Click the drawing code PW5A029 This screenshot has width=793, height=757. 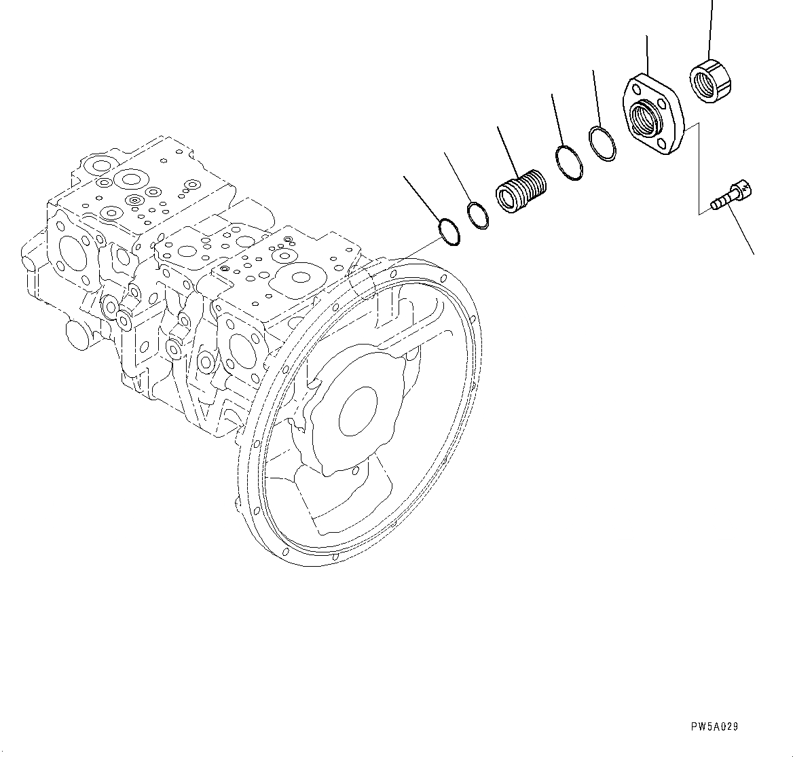point(714,726)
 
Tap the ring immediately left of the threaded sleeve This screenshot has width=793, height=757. point(478,215)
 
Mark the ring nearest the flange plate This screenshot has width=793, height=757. point(603,143)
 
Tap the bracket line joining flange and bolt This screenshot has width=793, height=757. point(699,170)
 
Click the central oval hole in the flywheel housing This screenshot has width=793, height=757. point(358,410)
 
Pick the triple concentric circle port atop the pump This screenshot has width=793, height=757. point(134,200)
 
